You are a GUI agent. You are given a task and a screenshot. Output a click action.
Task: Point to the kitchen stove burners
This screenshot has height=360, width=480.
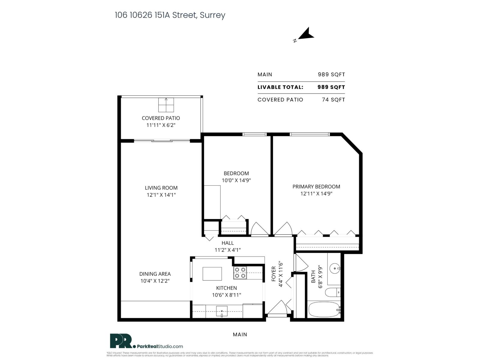pyautogui.click(x=240, y=273)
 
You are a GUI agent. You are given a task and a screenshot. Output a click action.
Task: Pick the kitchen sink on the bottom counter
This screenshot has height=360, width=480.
pyautogui.click(x=222, y=311)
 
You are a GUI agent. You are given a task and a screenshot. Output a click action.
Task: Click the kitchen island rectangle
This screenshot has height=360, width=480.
pyautogui.click(x=212, y=274)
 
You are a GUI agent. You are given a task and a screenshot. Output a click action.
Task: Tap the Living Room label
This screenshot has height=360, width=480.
pyautogui.click(x=161, y=188)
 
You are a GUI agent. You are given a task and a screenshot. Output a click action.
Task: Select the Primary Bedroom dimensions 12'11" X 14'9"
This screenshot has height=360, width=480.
pyautogui.click(x=316, y=194)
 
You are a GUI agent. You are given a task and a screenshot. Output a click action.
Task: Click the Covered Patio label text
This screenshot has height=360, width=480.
pyautogui.click(x=161, y=118)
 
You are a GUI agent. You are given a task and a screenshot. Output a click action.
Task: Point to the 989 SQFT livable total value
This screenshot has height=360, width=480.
pyautogui.click(x=331, y=87)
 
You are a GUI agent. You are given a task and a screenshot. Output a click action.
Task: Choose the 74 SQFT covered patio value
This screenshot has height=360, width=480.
pyautogui.click(x=333, y=100)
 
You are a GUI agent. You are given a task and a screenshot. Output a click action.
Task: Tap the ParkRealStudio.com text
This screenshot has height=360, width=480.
pyautogui.click(x=160, y=346)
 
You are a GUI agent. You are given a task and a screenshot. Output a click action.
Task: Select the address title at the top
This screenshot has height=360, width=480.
pyautogui.click(x=170, y=15)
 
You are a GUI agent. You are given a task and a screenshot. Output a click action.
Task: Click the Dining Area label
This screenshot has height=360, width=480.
pyautogui.click(x=155, y=274)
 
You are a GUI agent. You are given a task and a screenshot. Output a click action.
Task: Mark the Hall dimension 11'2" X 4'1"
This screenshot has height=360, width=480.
pyautogui.click(x=227, y=250)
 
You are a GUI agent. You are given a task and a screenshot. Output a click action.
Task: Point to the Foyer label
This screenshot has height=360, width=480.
pyautogui.click(x=274, y=274)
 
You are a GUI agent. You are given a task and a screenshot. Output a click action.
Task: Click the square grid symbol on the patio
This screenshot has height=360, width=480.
pyautogui.click(x=166, y=105)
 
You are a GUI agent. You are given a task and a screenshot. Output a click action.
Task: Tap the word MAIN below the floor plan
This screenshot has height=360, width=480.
pyautogui.click(x=240, y=334)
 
